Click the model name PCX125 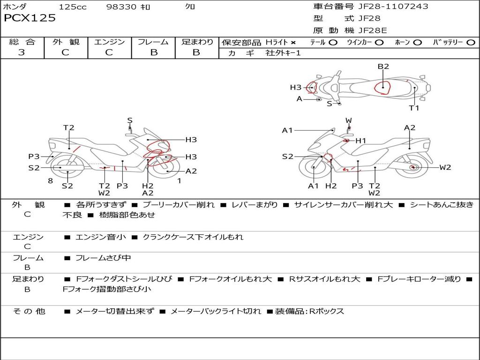pyautogui.click(x=30, y=18)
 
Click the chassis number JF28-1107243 pyautogui.click(x=393, y=7)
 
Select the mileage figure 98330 pyautogui.click(x=121, y=7)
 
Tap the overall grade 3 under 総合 pyautogui.click(x=22, y=52)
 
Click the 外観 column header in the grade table pyautogui.click(x=66, y=42)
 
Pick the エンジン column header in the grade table pyautogui.click(x=109, y=42)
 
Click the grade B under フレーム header pyautogui.click(x=154, y=52)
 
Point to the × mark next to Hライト pyautogui.click(x=293, y=43)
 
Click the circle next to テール pyautogui.click(x=333, y=43)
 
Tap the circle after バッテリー pyautogui.click(x=471, y=43)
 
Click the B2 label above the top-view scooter pyautogui.click(x=383, y=67)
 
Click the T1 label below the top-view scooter pyautogui.click(x=414, y=108)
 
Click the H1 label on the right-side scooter pyautogui.click(x=360, y=141)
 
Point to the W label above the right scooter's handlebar pyautogui.click(x=349, y=120)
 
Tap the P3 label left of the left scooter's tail pyautogui.click(x=34, y=157)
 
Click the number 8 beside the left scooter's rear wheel pyautogui.click(x=51, y=180)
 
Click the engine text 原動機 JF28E pyautogui.click(x=350, y=30)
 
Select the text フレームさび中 pyautogui.click(x=103, y=258)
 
